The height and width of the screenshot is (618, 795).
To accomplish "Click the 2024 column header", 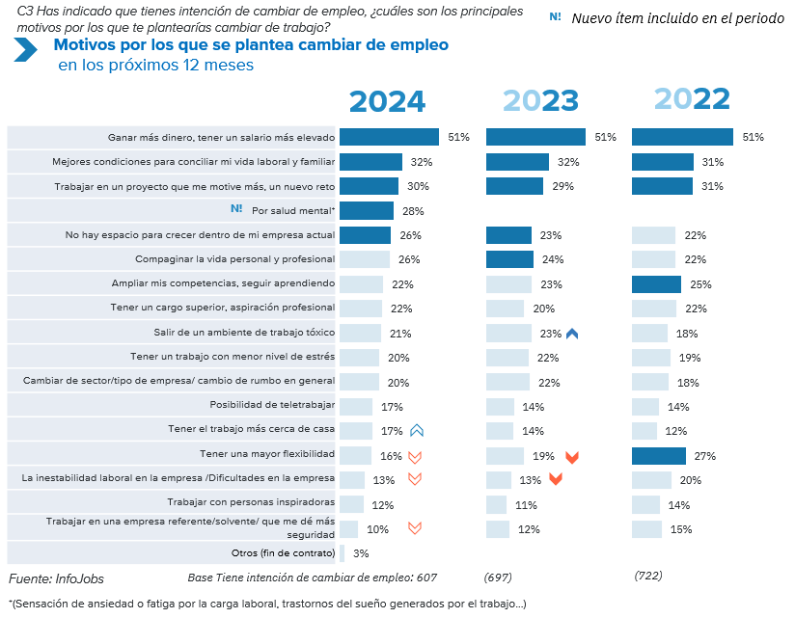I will (387, 102).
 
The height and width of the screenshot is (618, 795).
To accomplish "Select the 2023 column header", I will (539, 101).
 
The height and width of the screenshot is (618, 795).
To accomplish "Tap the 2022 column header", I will (692, 98).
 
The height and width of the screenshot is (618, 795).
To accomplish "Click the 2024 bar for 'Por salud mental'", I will (367, 210).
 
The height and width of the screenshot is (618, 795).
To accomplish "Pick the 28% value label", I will (413, 211).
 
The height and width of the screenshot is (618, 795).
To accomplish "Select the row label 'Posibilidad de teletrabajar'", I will (272, 406).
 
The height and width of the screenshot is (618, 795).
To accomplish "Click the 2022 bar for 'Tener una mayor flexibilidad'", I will (659, 455).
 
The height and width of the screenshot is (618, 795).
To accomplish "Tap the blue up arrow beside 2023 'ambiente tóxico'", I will (572, 334).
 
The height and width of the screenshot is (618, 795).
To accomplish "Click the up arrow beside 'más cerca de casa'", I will (417, 430).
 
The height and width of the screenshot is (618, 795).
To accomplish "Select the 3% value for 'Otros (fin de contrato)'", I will (361, 553).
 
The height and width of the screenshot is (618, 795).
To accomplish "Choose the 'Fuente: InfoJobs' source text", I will (56, 578).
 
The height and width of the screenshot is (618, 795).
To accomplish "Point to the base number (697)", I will (498, 577).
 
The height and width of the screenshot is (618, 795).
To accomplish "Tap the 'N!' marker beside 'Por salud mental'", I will (236, 209).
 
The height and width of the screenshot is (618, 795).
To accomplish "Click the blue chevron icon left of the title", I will (25, 52).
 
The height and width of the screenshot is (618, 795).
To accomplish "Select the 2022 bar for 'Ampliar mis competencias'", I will (656, 283).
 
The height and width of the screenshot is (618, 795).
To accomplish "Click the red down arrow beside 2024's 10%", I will (415, 528).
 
